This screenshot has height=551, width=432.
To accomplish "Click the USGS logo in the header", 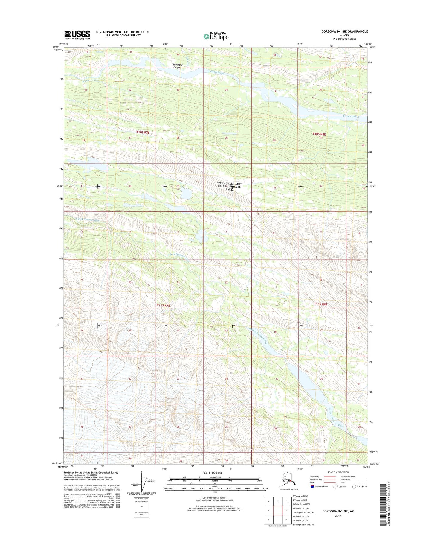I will (x=77, y=35).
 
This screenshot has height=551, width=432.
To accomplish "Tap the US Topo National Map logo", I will (x=216, y=36).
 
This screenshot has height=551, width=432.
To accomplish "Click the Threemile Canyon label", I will (x=176, y=66).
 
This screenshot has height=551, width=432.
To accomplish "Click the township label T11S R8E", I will (x=321, y=304).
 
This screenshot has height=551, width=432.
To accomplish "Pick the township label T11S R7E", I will (x=163, y=305).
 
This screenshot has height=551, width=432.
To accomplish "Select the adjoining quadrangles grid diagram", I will (x=278, y=510).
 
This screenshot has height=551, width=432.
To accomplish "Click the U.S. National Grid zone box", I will (x=141, y=507).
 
